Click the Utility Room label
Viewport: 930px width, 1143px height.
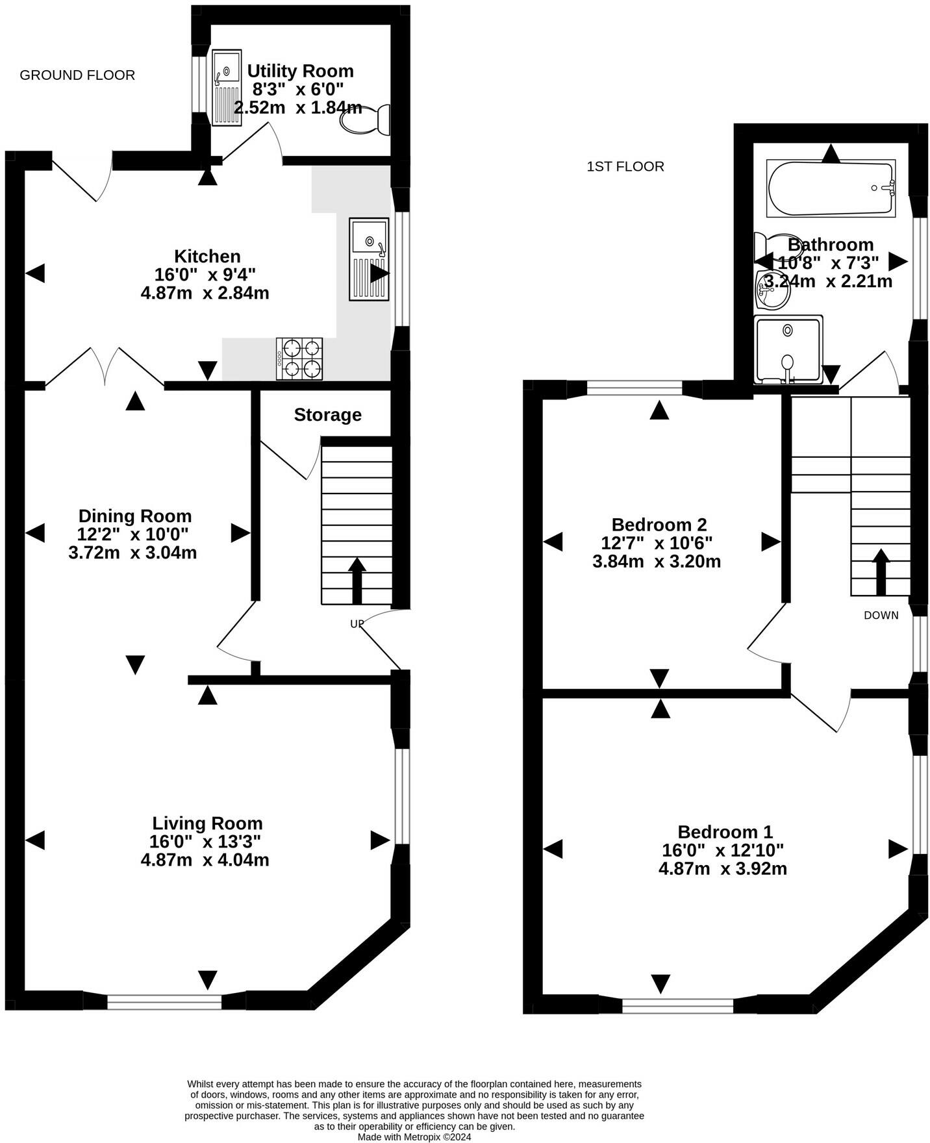click(x=300, y=71)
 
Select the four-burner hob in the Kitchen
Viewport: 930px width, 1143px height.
click(x=299, y=358)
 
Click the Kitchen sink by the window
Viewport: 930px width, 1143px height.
click(x=369, y=259)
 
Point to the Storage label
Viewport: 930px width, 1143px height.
click(x=327, y=415)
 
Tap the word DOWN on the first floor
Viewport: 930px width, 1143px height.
click(x=881, y=615)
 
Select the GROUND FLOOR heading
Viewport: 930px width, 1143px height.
click(x=77, y=75)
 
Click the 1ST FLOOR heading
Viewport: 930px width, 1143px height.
click(x=625, y=167)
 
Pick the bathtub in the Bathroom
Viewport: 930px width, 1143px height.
click(x=831, y=188)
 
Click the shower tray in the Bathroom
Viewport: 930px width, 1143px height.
click(x=788, y=349)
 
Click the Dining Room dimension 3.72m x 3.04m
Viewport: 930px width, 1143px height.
click(x=132, y=553)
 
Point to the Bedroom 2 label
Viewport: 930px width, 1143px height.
click(x=659, y=524)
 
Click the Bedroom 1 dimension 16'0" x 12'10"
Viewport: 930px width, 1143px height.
click(x=723, y=850)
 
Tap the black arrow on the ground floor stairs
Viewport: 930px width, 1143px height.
click(x=357, y=581)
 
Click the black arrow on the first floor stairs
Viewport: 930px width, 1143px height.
click(x=881, y=572)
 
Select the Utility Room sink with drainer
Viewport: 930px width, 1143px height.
click(x=227, y=89)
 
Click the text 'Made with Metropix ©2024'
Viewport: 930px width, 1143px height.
click(x=414, y=1137)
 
